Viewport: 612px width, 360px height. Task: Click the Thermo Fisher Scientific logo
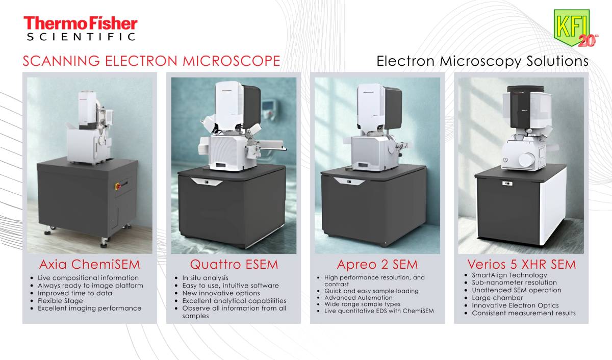coord(81,29)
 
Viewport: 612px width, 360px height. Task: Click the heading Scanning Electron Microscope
coord(151,61)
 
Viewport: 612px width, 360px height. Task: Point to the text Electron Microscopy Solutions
coord(482,61)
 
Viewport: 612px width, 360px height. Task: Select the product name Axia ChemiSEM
coord(89,264)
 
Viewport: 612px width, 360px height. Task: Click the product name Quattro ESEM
coord(234,264)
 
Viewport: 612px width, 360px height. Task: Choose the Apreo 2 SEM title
coord(377,264)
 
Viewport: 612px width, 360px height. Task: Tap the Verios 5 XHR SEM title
coord(521,264)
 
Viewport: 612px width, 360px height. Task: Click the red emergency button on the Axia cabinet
coord(118,186)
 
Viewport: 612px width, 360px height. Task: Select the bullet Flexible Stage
coord(60,301)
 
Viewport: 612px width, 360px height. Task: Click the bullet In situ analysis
coord(205,278)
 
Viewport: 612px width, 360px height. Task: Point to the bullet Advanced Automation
coord(358,297)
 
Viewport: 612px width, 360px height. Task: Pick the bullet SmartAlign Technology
coord(509,275)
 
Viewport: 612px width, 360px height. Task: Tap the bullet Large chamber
coord(497,298)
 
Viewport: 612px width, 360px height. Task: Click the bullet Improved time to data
coord(75,293)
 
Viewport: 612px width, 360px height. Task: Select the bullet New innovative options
coord(221,293)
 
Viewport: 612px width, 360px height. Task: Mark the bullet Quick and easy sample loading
coord(371,291)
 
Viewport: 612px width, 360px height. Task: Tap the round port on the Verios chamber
coord(526,160)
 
